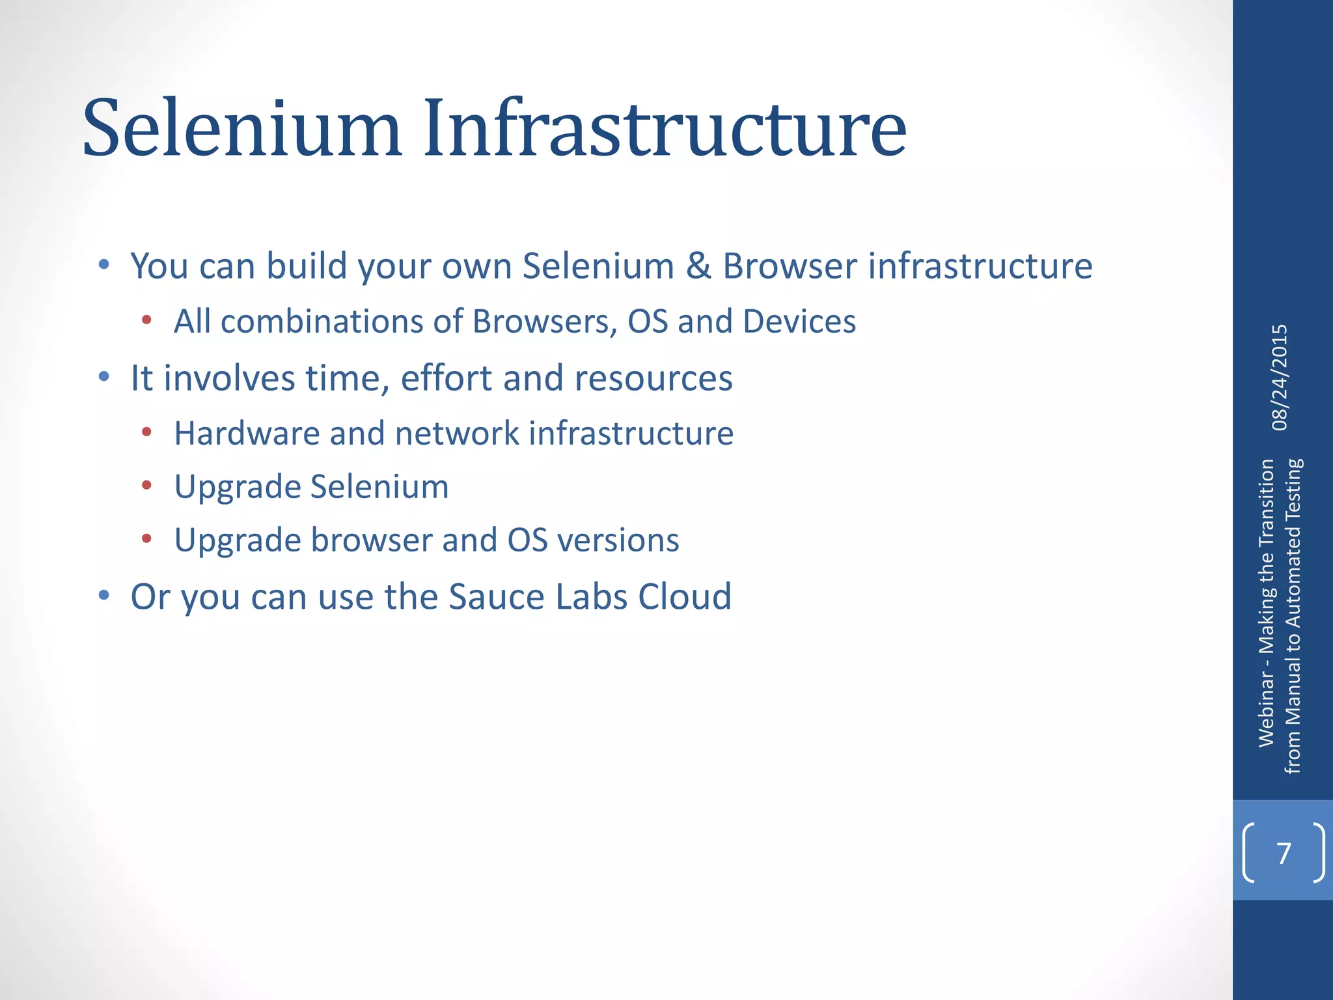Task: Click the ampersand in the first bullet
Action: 698,266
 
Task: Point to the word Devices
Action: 799,322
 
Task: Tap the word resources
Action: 653,378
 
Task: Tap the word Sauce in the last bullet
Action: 497,596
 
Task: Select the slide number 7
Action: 1284,853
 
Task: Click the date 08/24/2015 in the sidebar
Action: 1280,378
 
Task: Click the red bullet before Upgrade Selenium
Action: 147,485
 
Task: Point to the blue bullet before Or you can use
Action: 104,594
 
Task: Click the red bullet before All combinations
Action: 147,320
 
